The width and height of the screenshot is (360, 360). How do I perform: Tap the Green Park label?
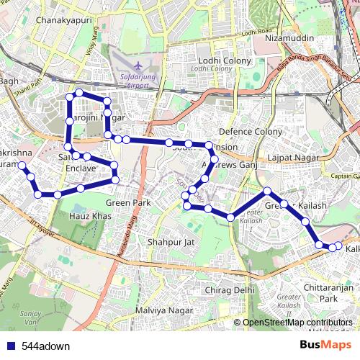(x=134, y=203)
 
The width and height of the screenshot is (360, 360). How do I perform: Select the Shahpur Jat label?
(x=171, y=242)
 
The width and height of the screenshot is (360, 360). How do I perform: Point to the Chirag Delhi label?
(x=230, y=289)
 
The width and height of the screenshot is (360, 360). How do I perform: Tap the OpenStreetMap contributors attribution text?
(x=297, y=323)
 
